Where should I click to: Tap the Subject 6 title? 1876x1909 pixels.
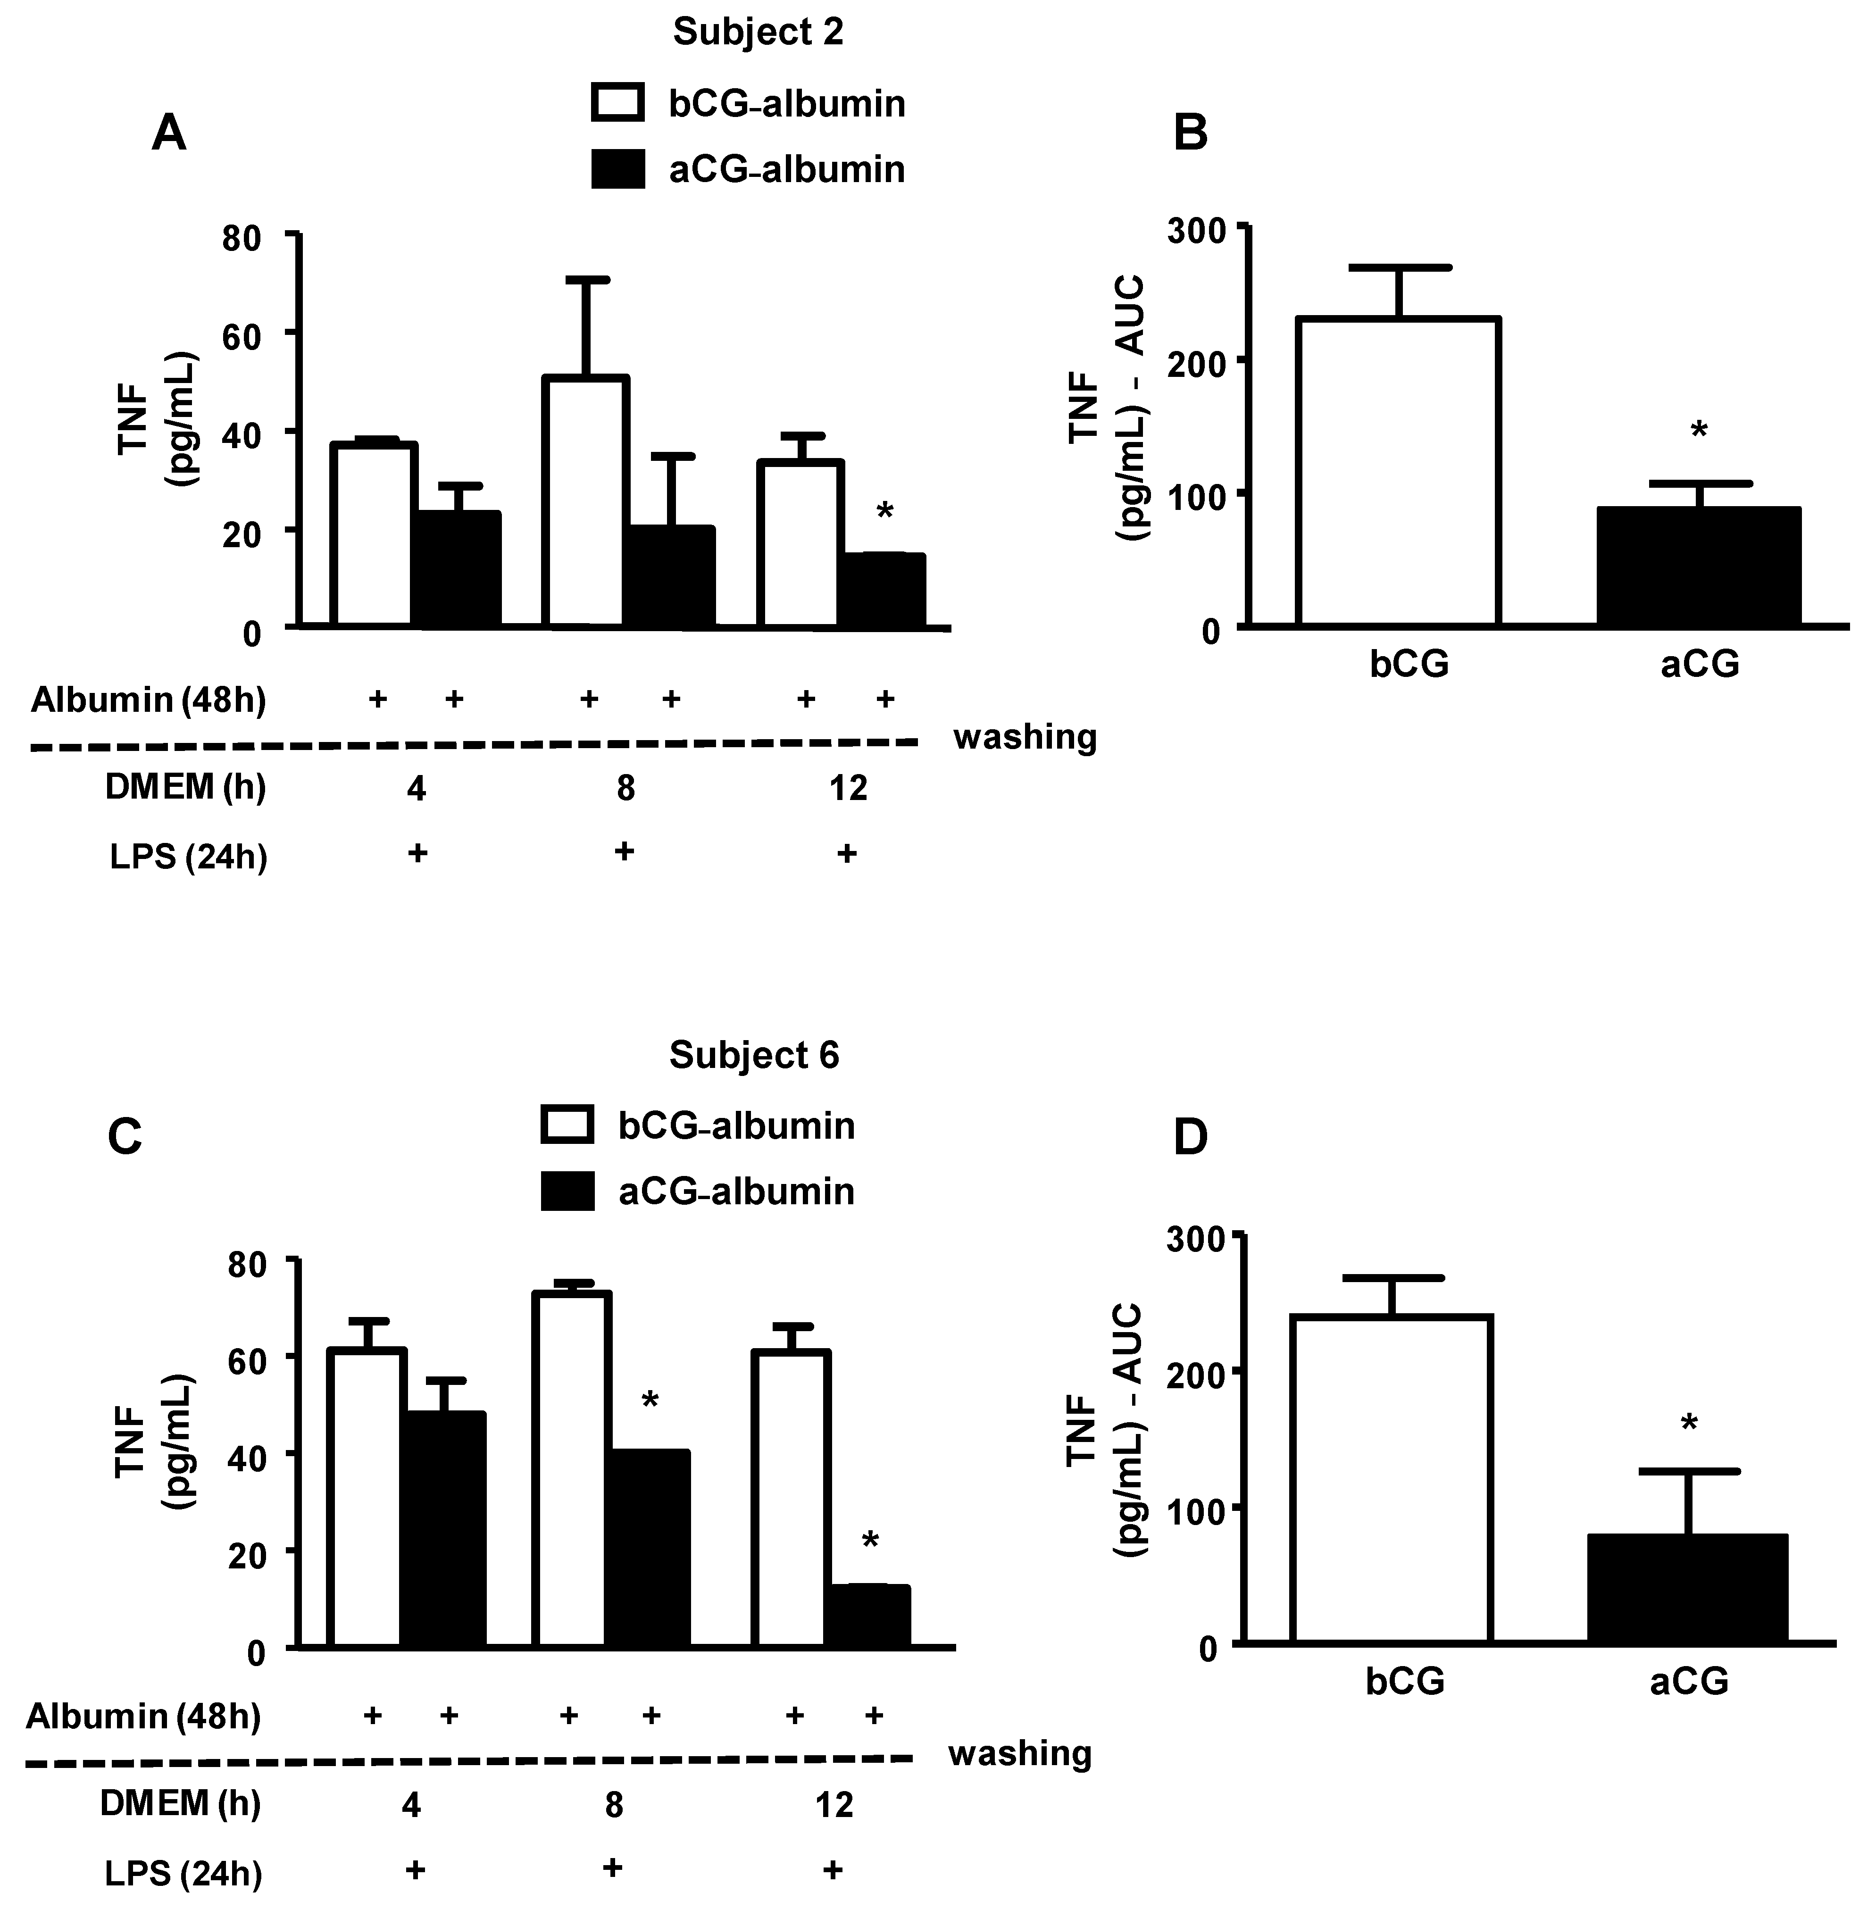point(754,1055)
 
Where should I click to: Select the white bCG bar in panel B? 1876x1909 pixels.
point(1399,473)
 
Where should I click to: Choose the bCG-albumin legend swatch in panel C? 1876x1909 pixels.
point(567,1125)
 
